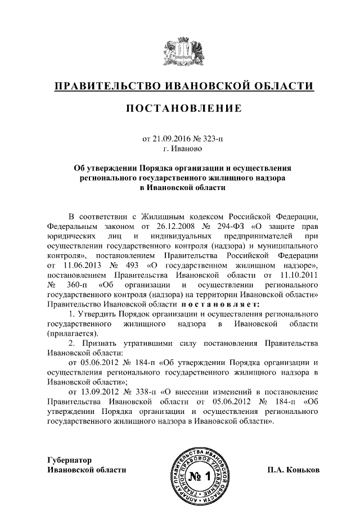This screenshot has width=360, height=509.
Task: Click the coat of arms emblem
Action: (x=179, y=52)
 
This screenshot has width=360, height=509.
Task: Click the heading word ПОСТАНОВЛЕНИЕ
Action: (x=180, y=108)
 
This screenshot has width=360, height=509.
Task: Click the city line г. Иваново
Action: (x=179, y=149)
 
